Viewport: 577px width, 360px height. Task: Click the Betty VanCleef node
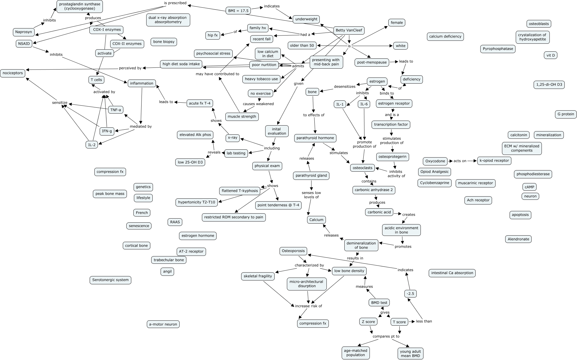(349, 30)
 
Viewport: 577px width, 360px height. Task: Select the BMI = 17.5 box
(238, 11)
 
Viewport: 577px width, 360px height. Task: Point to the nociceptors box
(13, 73)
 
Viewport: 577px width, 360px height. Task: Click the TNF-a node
(116, 110)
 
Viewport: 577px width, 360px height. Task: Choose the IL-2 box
(92, 145)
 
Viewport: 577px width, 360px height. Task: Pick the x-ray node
(233, 138)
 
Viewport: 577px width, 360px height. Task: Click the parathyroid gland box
(311, 176)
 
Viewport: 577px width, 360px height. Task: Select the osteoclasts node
(362, 168)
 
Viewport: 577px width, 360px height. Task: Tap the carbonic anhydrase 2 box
(374, 190)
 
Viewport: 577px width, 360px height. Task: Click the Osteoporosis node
(293, 251)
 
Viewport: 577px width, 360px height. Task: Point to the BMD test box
(379, 302)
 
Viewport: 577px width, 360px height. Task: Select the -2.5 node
(410, 294)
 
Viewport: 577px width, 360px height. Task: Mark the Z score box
(368, 322)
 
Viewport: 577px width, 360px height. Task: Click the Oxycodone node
(435, 161)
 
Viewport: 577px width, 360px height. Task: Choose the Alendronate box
(518, 239)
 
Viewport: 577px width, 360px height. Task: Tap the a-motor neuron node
(163, 324)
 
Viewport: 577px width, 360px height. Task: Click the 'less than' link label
(424, 321)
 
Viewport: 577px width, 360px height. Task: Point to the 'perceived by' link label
(130, 68)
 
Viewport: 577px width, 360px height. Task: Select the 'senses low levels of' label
(311, 195)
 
